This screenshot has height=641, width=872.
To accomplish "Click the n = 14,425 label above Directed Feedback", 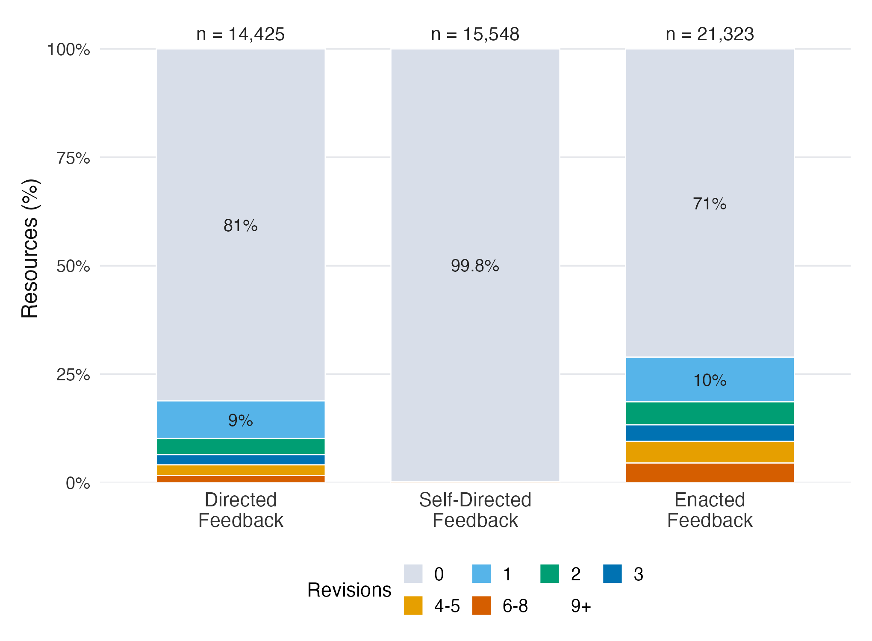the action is click(x=241, y=34).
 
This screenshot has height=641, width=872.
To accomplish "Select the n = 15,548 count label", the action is click(x=475, y=34).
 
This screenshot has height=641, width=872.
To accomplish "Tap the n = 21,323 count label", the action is click(x=710, y=34).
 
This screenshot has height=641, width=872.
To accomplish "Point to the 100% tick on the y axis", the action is click(x=69, y=50).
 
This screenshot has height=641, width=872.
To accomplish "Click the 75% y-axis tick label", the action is click(x=74, y=158).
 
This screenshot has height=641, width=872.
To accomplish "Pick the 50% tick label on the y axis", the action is click(x=74, y=266).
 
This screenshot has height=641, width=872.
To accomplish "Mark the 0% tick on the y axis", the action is click(x=78, y=483).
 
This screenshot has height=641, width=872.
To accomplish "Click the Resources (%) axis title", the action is click(x=30, y=249).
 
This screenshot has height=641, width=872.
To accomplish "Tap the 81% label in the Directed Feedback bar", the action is click(x=241, y=226).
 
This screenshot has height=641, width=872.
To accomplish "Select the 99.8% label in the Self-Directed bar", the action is click(x=475, y=266).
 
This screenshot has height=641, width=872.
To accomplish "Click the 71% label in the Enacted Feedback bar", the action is click(x=710, y=204).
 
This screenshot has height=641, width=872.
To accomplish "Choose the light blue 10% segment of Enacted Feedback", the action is click(x=710, y=379).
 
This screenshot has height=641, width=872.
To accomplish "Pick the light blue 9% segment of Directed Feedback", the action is click(x=241, y=420).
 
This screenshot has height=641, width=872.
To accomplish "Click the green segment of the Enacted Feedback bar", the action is click(x=710, y=413).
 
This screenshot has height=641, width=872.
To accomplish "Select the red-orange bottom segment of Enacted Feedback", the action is click(x=710, y=473).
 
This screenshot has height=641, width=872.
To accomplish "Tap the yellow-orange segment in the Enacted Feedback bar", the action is click(x=710, y=452).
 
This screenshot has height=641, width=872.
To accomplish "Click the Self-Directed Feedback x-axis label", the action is click(x=475, y=510).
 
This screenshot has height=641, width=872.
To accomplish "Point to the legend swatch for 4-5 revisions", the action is click(x=413, y=606).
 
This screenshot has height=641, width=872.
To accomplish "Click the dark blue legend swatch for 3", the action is click(x=613, y=574).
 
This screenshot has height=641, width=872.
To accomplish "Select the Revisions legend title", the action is click(x=349, y=590).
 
